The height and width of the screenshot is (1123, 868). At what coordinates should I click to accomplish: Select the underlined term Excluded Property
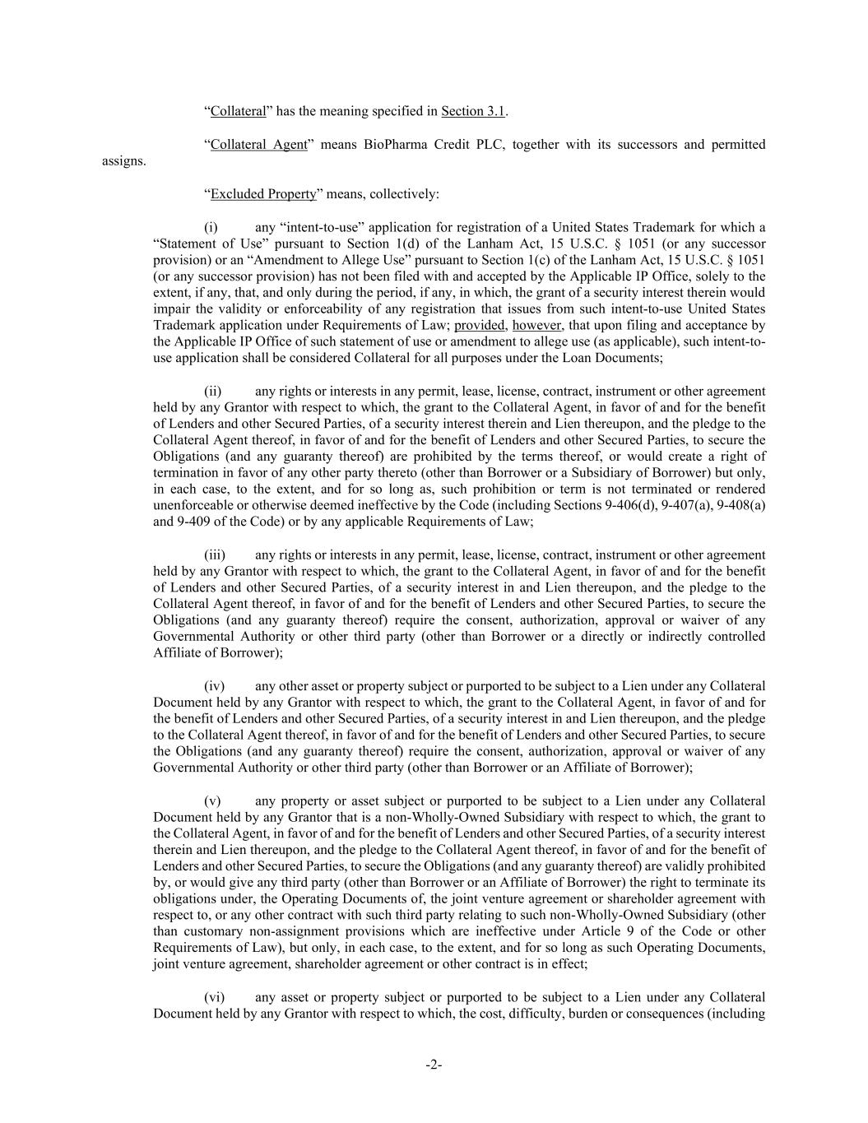(x=263, y=194)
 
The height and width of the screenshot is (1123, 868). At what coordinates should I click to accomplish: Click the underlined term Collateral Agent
(x=258, y=145)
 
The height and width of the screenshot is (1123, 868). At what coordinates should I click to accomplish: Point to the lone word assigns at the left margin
(x=123, y=161)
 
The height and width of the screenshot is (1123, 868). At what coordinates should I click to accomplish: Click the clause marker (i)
(x=211, y=227)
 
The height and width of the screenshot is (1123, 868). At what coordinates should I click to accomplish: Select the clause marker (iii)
(x=215, y=555)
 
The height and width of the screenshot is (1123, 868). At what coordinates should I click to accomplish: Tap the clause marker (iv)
(x=214, y=685)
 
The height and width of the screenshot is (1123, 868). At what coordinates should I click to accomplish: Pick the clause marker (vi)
(x=214, y=996)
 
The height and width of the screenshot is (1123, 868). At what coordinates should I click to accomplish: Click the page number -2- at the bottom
(x=434, y=1065)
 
